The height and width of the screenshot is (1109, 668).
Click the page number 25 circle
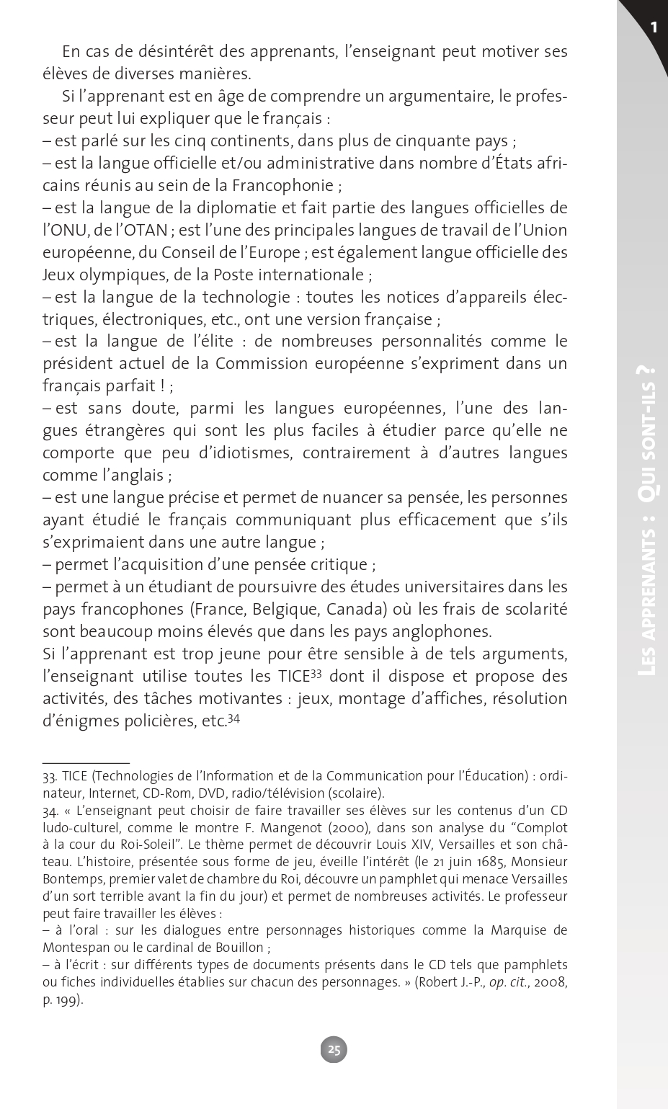[334, 1049]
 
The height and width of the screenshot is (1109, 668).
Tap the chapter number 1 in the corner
[654, 27]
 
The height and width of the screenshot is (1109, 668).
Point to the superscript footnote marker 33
[315, 674]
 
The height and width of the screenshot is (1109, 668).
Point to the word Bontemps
[71, 879]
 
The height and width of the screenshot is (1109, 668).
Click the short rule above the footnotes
[86, 762]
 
